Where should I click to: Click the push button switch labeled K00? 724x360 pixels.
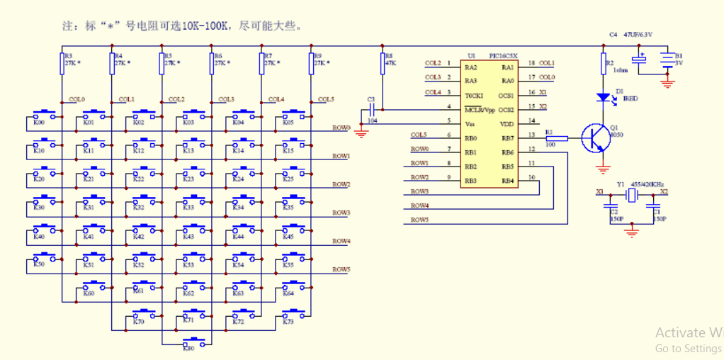tap(45, 113)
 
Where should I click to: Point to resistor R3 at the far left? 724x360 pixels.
tap(62, 64)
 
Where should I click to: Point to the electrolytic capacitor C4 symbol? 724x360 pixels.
tap(640, 61)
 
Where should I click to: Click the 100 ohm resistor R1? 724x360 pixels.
tap(557, 138)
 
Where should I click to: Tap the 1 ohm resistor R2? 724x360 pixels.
tap(603, 64)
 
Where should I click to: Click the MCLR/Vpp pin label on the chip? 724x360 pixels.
tap(479, 110)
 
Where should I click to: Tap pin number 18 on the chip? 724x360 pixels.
tap(531, 63)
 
